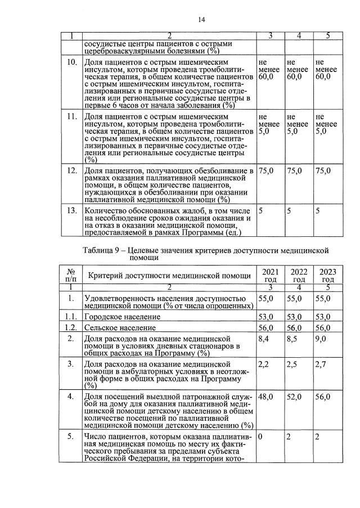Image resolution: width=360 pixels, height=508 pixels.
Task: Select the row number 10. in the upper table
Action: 71,62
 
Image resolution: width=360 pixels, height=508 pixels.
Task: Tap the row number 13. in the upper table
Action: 71,210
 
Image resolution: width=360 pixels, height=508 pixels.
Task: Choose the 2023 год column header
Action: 327,275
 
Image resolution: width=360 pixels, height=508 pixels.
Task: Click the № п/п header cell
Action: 71,275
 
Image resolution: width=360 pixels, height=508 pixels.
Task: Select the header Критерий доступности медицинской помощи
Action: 167,275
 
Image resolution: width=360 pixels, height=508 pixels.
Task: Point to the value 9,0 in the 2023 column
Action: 322,340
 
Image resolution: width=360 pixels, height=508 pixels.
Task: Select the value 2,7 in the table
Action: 322,366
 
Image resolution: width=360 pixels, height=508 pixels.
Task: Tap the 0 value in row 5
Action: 260,437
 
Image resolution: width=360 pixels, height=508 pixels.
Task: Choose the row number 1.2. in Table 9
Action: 71,328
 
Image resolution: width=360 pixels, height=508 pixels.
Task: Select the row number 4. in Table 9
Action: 71,397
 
